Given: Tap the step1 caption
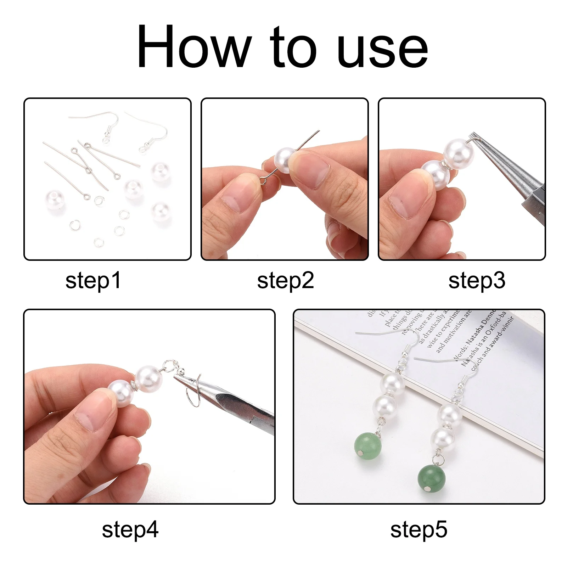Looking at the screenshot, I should coord(93,281).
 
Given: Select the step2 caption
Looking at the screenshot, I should coord(286,281).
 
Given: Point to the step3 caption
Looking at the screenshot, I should coord(477,281).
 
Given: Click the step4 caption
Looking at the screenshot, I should coord(130,530).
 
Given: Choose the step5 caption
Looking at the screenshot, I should coord(419,530).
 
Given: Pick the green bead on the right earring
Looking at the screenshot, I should coord(431,479).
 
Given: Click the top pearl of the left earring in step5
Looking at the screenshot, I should coord(392,384).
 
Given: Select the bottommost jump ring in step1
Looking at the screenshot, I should coord(99,242).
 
